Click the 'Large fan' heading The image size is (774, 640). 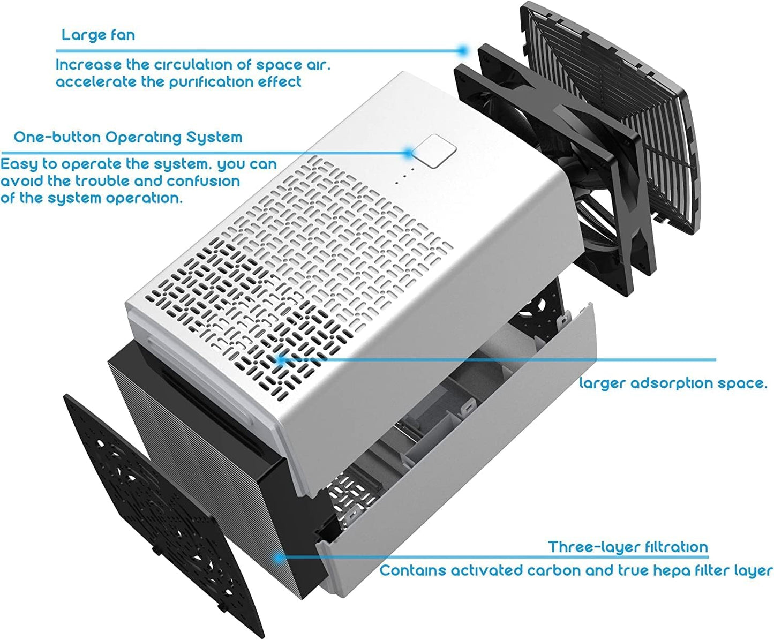point(98,35)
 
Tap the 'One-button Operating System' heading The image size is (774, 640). point(128,138)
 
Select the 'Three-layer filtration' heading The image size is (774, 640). point(628,547)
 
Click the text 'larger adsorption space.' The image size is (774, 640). point(673,383)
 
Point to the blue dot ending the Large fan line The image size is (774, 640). point(463,50)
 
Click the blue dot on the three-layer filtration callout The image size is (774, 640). point(279,558)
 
